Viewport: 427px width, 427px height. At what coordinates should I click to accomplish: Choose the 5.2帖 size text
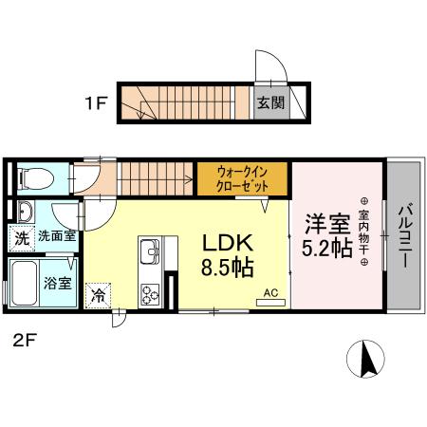[326, 249]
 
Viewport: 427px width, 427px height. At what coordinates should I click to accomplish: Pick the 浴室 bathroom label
[57, 284]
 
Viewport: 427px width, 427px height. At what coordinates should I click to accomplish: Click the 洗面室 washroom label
[57, 236]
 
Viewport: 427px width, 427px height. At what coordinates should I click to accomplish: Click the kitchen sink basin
[151, 254]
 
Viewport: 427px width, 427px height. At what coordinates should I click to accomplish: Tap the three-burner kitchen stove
[151, 293]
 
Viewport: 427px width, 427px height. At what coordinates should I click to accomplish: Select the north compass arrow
[368, 359]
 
